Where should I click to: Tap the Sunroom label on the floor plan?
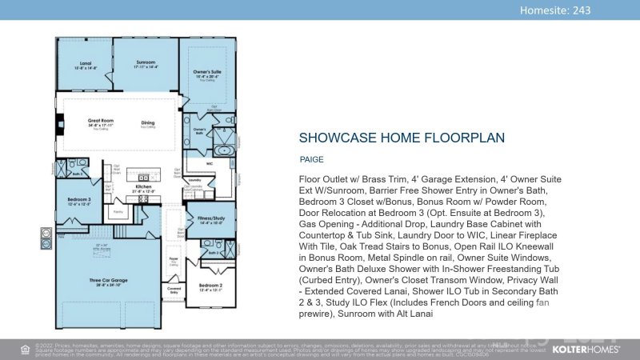[x=146, y=62]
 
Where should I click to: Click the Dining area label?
[x=148, y=122]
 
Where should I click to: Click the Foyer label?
[x=174, y=258]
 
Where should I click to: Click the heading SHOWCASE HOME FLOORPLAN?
[x=402, y=138]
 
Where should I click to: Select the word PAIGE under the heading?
[x=312, y=159]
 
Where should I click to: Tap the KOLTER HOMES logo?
[x=588, y=349]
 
